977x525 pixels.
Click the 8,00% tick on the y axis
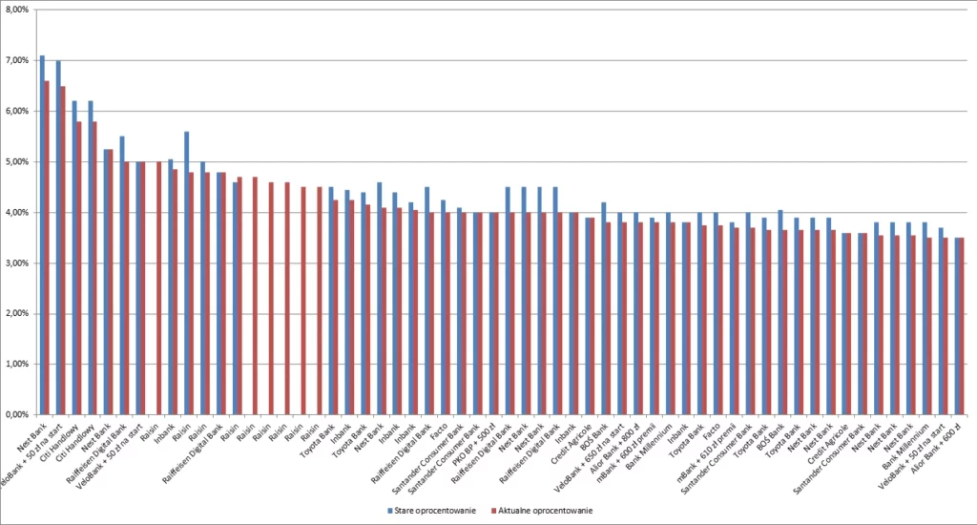point(18,9)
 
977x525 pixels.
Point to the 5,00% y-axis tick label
point(18,161)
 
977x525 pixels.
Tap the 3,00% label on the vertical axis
point(18,262)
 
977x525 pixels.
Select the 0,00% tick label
point(18,414)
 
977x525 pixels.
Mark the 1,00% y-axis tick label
point(18,364)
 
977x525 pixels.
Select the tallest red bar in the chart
point(47,247)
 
